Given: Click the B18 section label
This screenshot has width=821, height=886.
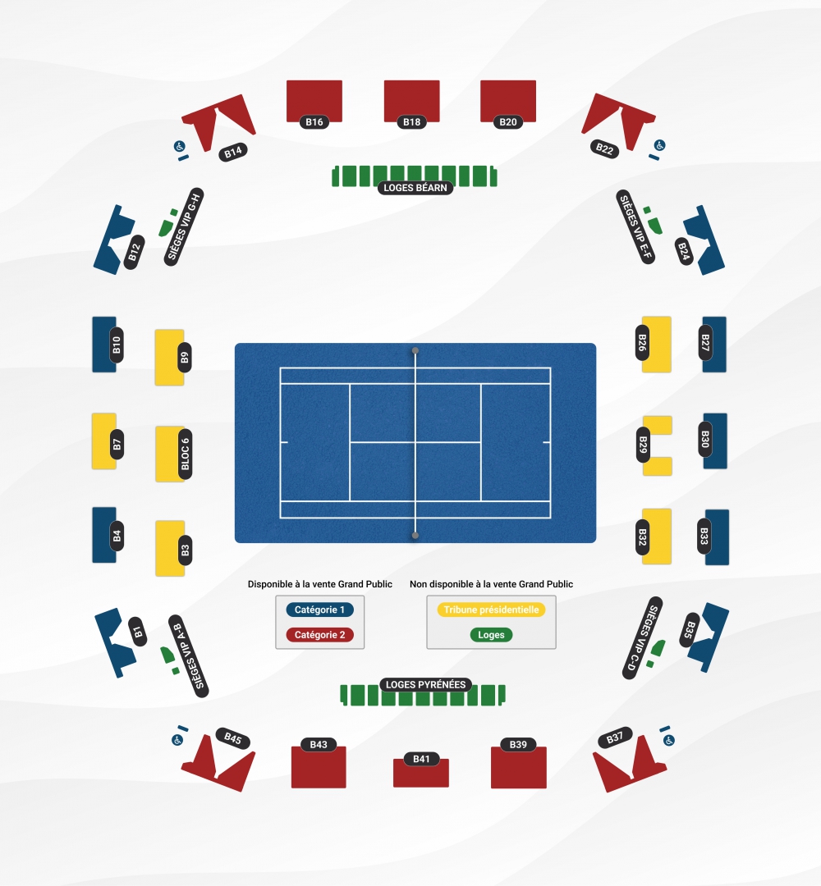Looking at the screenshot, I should pos(412,122).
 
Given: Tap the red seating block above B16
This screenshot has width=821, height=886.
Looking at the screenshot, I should pos(314,98).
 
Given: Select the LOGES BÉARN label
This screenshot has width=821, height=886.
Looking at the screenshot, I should pos(415,188).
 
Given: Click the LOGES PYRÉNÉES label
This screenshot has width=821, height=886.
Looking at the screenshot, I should pos(424,684).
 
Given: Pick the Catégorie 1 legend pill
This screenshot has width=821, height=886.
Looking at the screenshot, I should pos(320,610).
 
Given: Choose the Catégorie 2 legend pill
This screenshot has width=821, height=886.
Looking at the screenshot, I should pos(320,635).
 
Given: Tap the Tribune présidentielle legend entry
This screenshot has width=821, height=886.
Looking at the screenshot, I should pos(491,610).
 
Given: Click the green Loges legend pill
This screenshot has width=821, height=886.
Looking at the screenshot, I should pos(491,635).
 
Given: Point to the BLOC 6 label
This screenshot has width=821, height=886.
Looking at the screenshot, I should pos(185,454).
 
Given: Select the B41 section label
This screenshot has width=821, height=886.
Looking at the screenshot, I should pos(421,759).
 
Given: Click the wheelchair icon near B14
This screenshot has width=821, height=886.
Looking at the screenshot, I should pos(178,146).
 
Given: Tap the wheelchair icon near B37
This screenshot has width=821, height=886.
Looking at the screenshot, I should pos(669,740).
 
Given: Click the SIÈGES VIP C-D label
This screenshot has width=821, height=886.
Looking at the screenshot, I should pos(642,637).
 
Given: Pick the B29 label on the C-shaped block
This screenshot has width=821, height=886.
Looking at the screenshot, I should pos(643,445).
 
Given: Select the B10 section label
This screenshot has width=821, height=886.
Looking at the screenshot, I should pos(117,345).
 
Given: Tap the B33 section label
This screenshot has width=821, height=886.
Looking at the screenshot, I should pos(704,537).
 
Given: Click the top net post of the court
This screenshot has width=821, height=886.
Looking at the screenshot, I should pos(415,351).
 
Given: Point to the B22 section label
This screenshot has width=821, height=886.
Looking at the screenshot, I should pos(605,148).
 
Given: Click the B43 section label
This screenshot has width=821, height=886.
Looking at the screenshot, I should pos(319,745).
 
